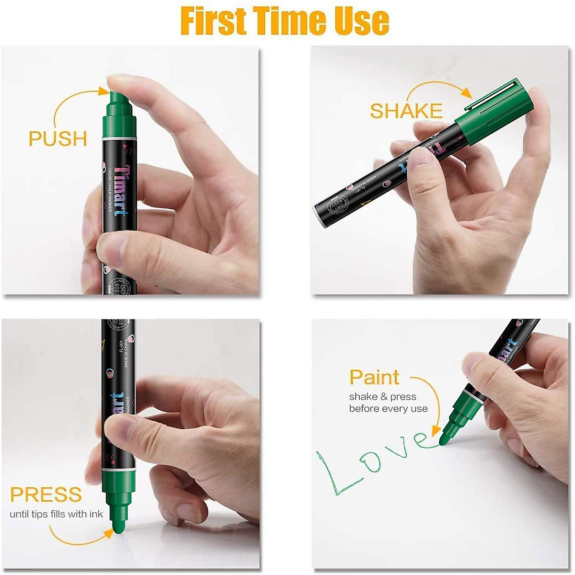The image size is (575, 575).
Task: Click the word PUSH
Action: point(58,138)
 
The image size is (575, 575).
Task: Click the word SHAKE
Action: point(406,111)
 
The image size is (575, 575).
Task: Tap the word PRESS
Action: point(46,494)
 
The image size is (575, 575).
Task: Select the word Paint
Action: point(374,378)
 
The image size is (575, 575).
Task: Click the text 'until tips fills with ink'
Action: point(57,514)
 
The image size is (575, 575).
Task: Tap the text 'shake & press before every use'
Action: point(388,402)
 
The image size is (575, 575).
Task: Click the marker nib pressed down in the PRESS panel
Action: point(118,520)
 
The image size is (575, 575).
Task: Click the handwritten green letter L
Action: point(335,474)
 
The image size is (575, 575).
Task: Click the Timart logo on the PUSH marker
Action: point(121,191)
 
